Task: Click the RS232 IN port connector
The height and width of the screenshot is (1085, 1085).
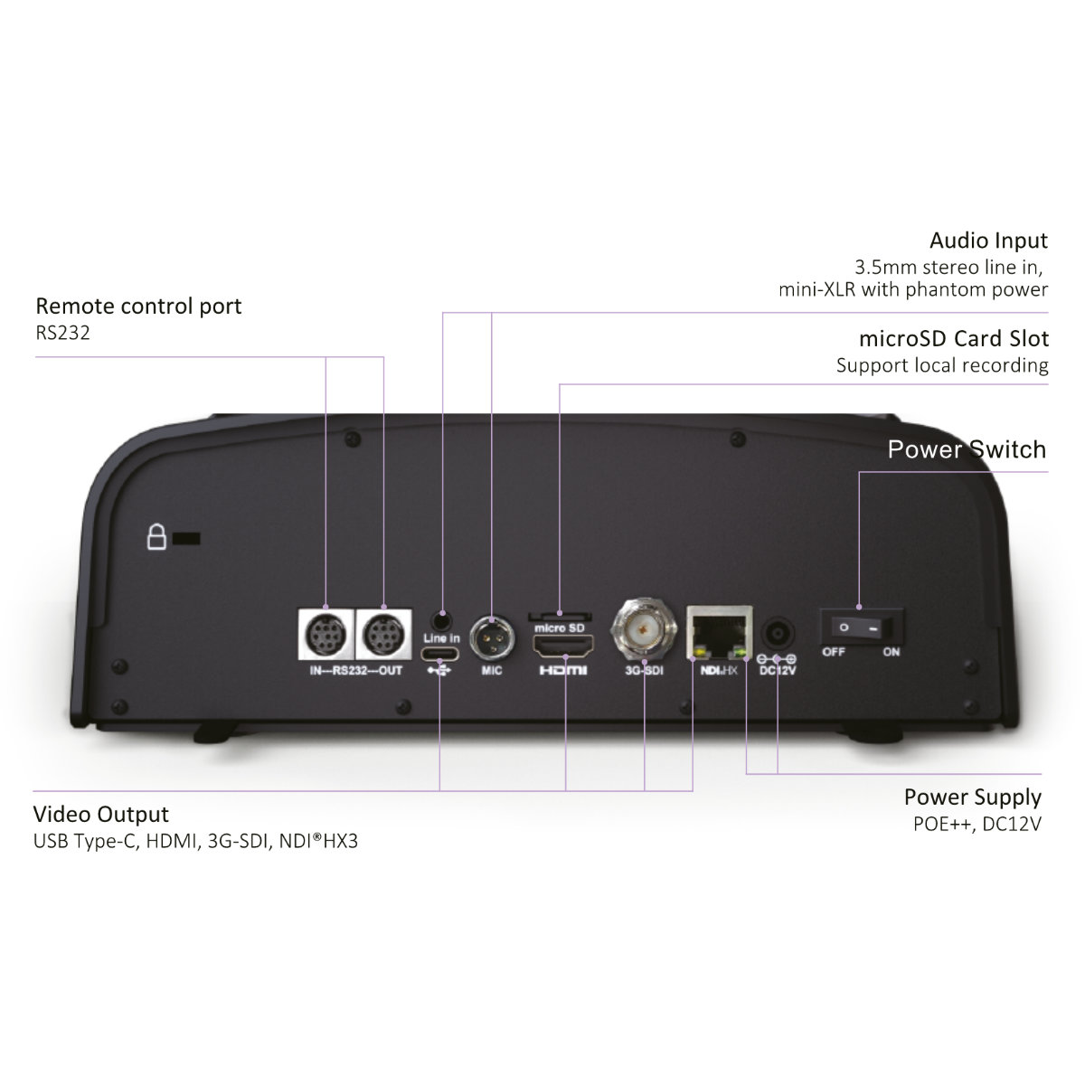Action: click(x=326, y=635)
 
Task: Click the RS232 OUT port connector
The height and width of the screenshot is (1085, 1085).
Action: click(x=384, y=635)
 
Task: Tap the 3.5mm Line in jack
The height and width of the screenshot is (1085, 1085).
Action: click(x=441, y=621)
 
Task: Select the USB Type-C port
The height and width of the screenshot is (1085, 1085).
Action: click(x=439, y=654)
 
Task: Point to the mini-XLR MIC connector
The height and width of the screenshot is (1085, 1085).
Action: click(x=492, y=637)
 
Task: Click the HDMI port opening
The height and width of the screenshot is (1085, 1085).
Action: click(x=563, y=647)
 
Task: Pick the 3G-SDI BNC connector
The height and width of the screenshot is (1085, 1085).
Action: click(x=644, y=627)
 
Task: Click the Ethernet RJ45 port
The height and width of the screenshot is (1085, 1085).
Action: click(x=720, y=633)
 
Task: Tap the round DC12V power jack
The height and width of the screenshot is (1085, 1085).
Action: click(x=778, y=634)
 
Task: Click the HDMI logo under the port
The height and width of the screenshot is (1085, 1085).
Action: click(x=563, y=670)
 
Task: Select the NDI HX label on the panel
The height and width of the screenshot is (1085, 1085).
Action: click(x=719, y=670)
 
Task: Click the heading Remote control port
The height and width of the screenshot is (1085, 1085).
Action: click(x=138, y=307)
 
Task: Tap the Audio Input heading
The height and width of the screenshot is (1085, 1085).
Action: click(x=989, y=241)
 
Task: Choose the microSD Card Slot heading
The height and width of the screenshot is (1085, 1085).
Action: click(x=954, y=338)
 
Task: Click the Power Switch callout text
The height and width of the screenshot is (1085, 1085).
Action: click(x=967, y=449)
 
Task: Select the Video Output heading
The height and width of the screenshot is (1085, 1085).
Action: click(x=100, y=814)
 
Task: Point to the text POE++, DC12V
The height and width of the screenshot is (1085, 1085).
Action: click(x=977, y=824)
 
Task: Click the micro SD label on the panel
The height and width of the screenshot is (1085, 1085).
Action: click(x=560, y=627)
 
